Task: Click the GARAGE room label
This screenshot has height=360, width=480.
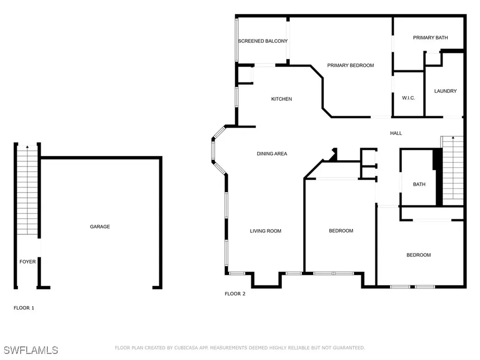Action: point(100,226)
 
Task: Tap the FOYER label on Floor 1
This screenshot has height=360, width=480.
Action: point(28,262)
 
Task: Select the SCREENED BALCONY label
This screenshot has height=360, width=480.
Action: point(262,41)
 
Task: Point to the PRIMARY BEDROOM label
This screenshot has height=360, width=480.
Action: point(351,65)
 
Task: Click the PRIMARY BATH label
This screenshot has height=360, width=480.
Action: point(430,37)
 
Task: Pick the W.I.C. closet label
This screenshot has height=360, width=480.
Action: point(408,98)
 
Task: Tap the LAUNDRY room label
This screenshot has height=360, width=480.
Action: point(445,91)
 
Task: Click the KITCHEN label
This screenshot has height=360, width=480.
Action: point(282,99)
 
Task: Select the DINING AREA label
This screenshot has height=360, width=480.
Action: point(272,154)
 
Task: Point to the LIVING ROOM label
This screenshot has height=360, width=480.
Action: point(265,231)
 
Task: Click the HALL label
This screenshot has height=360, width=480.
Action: point(396,133)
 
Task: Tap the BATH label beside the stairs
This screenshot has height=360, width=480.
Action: point(419,184)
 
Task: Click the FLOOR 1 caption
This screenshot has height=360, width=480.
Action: point(24,308)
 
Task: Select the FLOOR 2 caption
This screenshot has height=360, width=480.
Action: point(235,294)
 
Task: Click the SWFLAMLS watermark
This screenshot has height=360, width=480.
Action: point(30,350)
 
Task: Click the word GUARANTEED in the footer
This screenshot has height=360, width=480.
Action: point(349,348)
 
